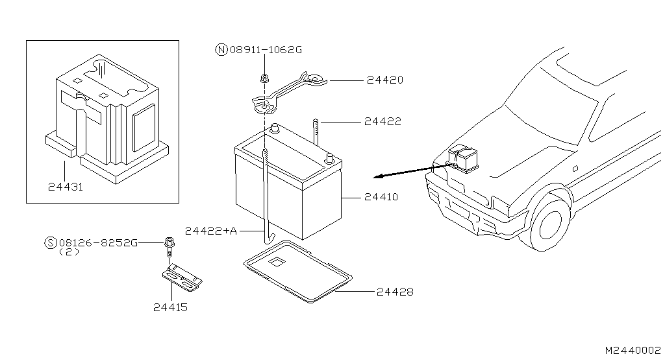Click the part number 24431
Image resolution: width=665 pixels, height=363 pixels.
pos(66,187)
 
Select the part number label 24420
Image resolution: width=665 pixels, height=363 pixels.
pos(384,81)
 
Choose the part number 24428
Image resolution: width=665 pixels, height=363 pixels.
pos(394,292)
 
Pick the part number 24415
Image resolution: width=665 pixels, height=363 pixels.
pos(170,307)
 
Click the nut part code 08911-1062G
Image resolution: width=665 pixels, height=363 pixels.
pos(266,49)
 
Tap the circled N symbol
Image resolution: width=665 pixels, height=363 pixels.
pos(221,49)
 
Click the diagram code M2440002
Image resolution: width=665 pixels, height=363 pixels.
pos(633,350)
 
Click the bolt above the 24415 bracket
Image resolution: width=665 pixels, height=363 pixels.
pos(169,245)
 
